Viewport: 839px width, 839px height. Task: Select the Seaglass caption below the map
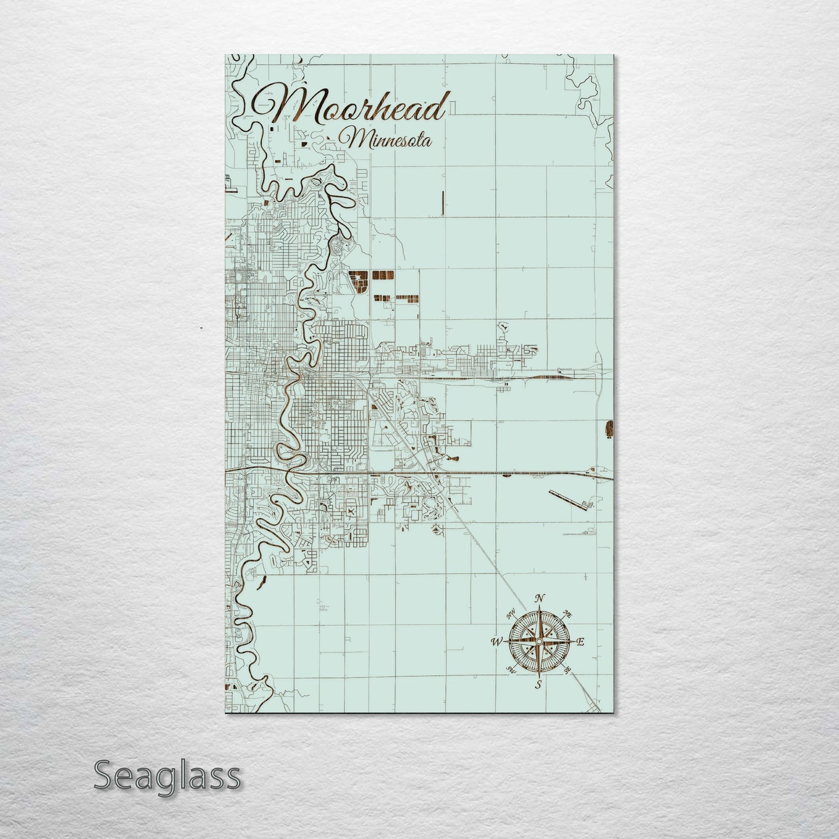(167, 776)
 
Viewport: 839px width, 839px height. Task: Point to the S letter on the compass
(538, 685)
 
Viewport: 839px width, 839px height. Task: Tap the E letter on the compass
(580, 642)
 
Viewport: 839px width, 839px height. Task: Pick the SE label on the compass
(567, 670)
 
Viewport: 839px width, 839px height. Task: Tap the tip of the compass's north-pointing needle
(539, 607)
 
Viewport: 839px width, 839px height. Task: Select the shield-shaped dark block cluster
(359, 281)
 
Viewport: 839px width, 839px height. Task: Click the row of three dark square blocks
(383, 275)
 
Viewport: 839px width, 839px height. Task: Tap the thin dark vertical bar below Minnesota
(442, 203)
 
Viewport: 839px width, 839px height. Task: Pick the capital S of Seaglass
(105, 776)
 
